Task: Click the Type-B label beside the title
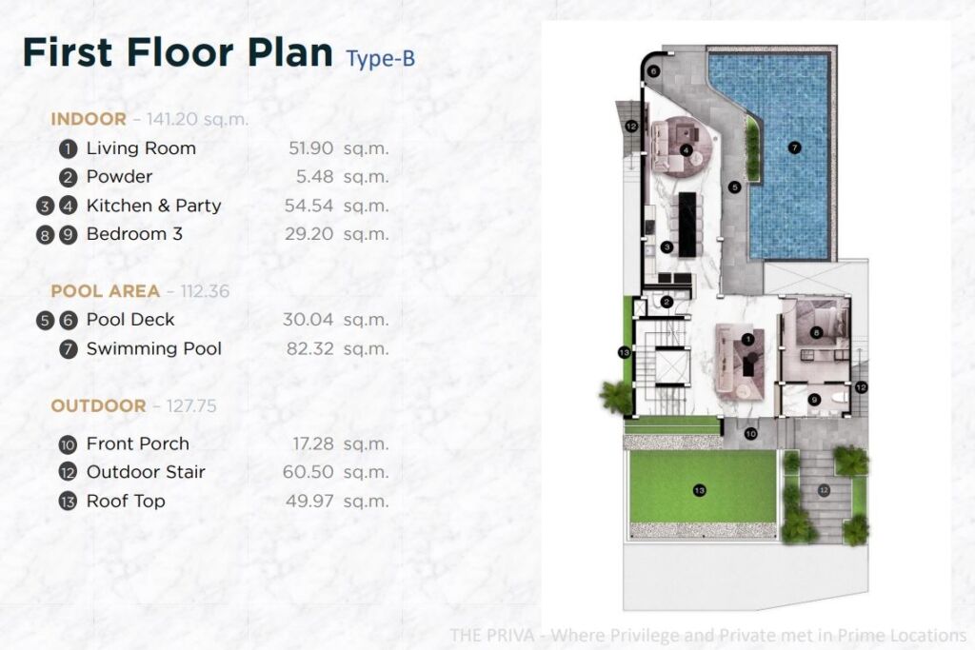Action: (381, 58)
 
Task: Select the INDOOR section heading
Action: (89, 119)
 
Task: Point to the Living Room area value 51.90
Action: (310, 148)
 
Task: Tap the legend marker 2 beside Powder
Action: (69, 178)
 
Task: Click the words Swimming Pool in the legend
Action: (153, 348)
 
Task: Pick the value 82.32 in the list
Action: (309, 348)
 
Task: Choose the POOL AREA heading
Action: (105, 291)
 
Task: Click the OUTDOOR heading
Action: (98, 405)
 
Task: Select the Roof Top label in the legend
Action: (126, 501)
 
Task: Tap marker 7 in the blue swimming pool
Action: (794, 148)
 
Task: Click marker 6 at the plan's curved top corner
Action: (653, 71)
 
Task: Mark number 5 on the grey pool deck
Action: (734, 187)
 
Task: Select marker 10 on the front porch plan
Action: (750, 434)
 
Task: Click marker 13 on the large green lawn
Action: (700, 491)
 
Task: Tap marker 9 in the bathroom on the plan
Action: (814, 401)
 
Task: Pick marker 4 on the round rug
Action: (686, 149)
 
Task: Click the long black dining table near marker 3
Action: (687, 225)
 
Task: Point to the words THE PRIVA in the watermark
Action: (492, 635)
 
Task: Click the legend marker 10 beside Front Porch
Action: (68, 444)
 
